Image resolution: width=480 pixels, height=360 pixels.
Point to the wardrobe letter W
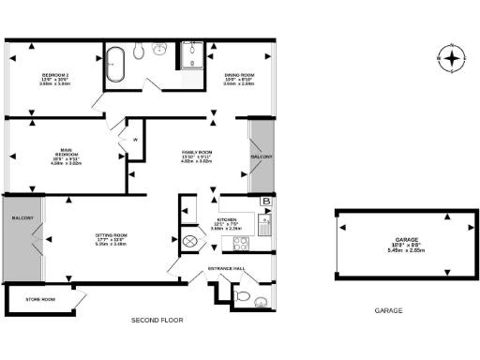[x=135, y=141]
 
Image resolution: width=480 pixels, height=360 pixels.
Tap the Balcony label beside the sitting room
[x=22, y=218]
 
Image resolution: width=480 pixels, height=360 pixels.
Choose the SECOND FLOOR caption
[x=157, y=321]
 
